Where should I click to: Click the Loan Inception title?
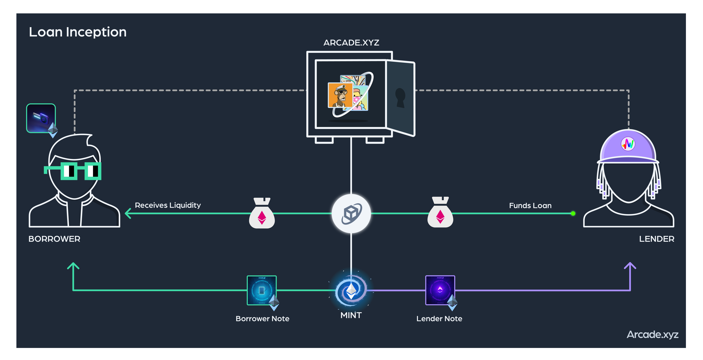(78, 32)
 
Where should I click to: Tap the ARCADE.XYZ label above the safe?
(351, 43)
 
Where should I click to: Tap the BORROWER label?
(54, 239)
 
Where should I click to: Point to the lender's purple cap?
(628, 147)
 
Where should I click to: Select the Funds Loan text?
(530, 206)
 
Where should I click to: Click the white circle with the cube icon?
(351, 214)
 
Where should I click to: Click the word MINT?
(351, 315)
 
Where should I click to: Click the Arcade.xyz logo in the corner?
(652, 335)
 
